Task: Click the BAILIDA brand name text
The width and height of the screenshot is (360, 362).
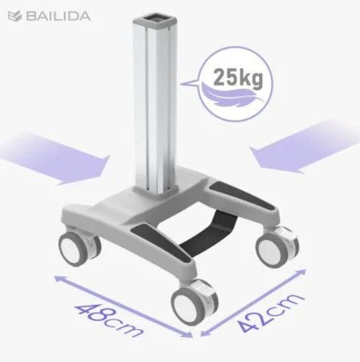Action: coord(58,16)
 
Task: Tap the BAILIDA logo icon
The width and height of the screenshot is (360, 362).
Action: coord(15,16)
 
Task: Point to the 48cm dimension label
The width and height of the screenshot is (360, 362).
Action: coord(108,320)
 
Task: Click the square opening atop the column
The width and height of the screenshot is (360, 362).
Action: coord(155,19)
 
